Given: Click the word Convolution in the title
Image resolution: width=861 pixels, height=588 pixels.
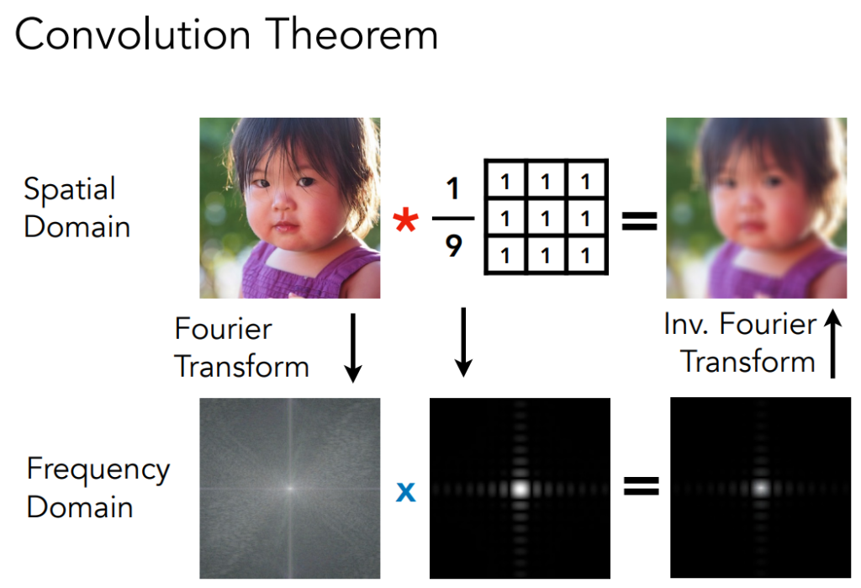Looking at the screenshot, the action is [x=133, y=34].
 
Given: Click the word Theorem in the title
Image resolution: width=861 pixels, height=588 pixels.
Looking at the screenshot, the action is [x=352, y=34].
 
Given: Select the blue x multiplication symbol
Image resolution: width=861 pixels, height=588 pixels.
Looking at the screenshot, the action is [x=406, y=491].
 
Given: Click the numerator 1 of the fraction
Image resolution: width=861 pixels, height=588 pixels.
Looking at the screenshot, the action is [x=452, y=188].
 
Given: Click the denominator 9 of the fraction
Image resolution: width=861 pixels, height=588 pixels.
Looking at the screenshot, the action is [x=453, y=246].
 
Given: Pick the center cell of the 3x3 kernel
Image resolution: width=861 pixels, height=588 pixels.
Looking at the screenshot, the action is [x=545, y=218].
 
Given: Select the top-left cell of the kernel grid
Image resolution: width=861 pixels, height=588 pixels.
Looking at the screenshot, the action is [x=505, y=182].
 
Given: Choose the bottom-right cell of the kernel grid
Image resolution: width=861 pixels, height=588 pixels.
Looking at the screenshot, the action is [x=585, y=255].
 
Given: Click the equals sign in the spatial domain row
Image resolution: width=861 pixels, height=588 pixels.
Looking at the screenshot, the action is [x=640, y=221].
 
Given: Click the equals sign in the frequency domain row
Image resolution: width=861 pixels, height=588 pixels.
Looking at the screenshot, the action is [x=642, y=485].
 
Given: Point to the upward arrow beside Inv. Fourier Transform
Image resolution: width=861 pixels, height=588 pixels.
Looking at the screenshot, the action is [x=833, y=343].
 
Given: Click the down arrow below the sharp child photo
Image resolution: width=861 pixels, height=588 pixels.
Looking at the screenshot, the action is [x=353, y=348].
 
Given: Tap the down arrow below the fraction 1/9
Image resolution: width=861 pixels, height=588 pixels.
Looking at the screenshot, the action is [x=463, y=342].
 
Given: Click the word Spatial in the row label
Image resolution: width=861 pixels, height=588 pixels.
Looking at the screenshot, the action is [x=70, y=190].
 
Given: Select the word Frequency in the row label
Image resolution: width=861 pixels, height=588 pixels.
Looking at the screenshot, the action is [x=98, y=471].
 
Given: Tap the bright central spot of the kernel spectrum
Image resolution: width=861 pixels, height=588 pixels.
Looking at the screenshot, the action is [x=520, y=488].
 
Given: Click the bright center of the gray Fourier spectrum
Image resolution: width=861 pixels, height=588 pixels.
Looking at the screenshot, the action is [x=290, y=487].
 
